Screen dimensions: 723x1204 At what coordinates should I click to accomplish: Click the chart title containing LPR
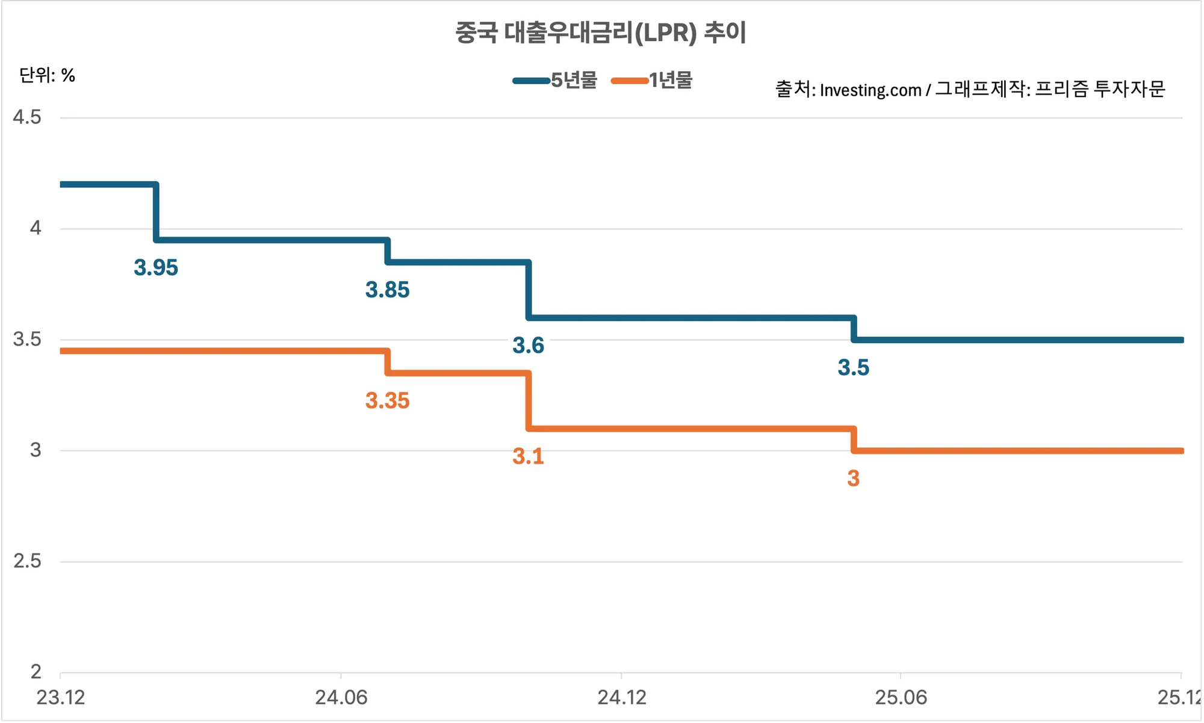(600, 33)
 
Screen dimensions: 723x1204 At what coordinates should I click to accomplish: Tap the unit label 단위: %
(47, 75)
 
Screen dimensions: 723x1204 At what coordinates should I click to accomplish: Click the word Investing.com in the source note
(870, 90)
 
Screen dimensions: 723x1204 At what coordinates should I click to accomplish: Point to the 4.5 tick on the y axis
(27, 117)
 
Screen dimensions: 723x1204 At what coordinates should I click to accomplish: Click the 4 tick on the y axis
(36, 228)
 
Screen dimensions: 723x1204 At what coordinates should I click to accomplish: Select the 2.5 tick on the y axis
(27, 561)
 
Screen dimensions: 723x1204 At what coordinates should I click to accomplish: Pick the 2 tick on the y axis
(36, 672)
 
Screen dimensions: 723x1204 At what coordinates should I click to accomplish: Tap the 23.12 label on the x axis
(61, 698)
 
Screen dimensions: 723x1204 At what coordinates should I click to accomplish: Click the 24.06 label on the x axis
(341, 698)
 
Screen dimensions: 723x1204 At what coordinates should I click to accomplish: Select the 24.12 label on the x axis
(621, 698)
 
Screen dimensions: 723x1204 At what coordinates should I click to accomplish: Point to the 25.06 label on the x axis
(901, 698)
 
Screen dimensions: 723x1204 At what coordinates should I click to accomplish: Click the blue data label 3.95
(156, 268)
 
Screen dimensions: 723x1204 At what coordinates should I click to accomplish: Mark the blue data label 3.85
(387, 290)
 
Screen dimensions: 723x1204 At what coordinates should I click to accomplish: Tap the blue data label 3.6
(528, 346)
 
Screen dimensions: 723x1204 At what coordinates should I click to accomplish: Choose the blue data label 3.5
(853, 368)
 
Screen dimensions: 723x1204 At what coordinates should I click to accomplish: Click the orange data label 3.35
(387, 401)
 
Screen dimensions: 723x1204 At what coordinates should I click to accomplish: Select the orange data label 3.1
(528, 456)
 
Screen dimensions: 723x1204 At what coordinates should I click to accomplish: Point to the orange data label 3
(853, 479)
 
